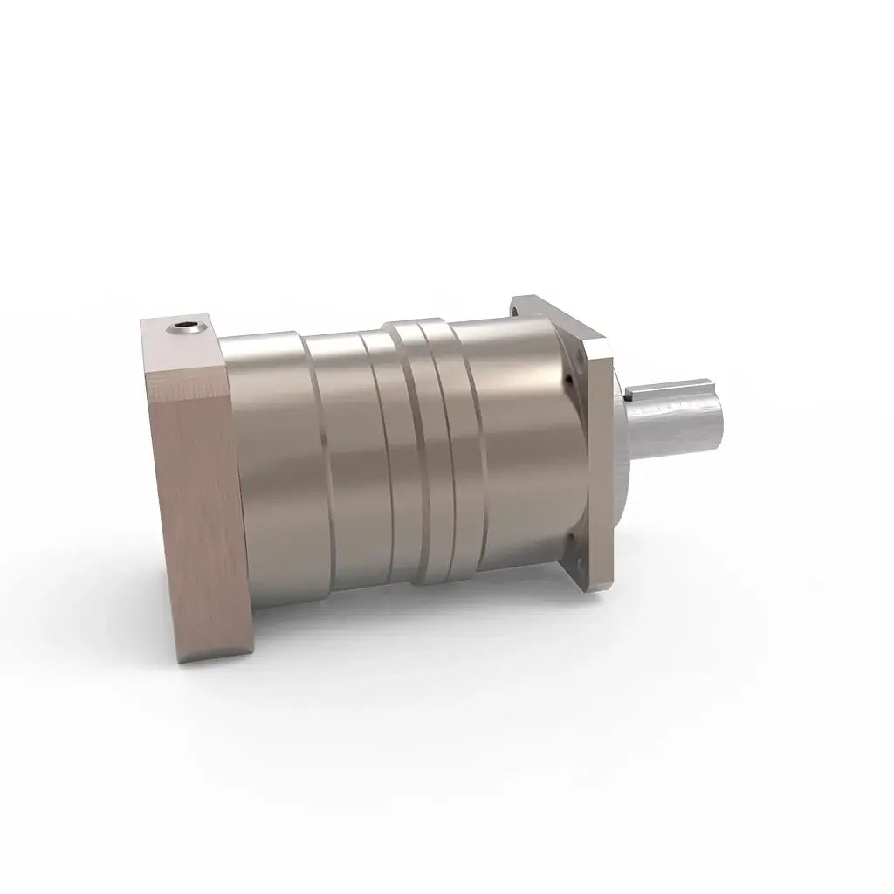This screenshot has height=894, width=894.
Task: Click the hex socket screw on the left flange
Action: tap(184, 329)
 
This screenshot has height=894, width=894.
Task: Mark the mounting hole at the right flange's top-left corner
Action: tap(523, 306)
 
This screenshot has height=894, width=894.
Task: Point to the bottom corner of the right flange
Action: tap(602, 593)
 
